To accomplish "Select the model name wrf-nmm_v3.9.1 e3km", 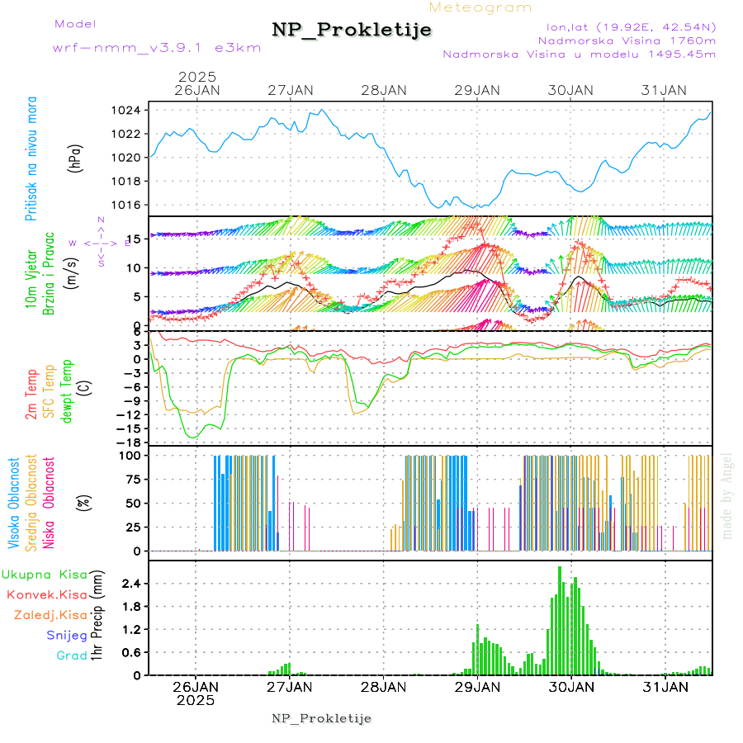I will (x=157, y=47).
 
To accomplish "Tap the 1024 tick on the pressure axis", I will (x=131, y=111).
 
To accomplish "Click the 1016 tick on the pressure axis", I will (x=131, y=205).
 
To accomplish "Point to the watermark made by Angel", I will (x=727, y=495).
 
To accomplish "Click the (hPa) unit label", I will (x=76, y=158).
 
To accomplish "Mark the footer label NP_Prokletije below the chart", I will (x=322, y=718).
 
